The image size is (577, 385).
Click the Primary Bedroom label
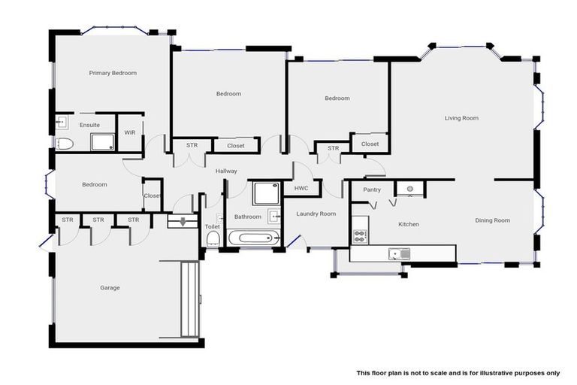point(113,73)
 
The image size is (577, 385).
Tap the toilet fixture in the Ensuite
point(64,143)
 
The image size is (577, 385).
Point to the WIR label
point(130,132)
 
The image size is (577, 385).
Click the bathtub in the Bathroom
point(252,240)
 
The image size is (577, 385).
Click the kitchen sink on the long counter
point(396,253)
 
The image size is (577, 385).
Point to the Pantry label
point(372,190)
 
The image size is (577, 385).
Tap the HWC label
point(301,188)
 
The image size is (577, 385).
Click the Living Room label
point(461,118)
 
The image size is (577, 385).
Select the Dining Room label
point(492,220)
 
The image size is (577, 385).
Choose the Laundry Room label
point(316,214)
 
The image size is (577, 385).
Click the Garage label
point(110,288)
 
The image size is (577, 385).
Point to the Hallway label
point(226,171)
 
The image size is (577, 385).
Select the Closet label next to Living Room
point(370,144)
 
